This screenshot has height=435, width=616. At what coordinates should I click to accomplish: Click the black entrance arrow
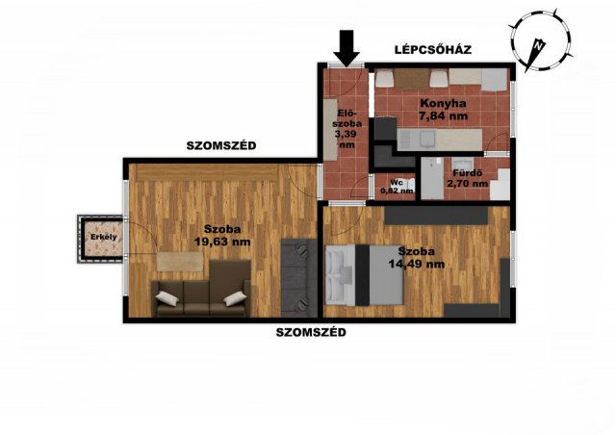click(346, 48)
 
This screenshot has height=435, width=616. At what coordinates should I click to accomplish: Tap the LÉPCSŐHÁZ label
click(433, 50)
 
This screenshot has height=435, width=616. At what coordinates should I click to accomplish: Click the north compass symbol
click(540, 40)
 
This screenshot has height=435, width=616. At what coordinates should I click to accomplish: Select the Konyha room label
click(443, 103)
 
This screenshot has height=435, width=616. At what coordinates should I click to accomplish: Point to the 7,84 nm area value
click(443, 115)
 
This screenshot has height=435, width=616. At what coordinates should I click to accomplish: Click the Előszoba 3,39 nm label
click(347, 129)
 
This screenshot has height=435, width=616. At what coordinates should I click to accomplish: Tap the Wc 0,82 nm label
click(397, 187)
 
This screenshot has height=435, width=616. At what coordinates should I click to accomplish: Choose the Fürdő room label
click(468, 173)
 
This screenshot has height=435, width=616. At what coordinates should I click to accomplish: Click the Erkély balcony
click(100, 239)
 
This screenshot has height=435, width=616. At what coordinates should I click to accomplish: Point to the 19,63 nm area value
click(222, 242)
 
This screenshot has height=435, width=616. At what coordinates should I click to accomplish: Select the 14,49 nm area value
click(417, 264)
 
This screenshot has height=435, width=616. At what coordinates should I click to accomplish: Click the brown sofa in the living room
click(201, 290)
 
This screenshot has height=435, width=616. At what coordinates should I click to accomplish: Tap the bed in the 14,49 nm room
click(365, 274)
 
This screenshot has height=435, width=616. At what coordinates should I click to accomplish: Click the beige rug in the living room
click(180, 262)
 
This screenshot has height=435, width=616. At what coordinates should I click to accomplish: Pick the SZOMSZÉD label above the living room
click(221, 145)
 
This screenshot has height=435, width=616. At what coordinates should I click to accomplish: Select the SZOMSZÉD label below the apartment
click(311, 332)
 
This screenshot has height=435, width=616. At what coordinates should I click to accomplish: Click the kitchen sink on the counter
click(426, 139)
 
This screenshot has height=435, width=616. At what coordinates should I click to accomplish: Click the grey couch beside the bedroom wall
click(299, 278)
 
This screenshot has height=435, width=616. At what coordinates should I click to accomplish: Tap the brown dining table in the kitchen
click(411, 79)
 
